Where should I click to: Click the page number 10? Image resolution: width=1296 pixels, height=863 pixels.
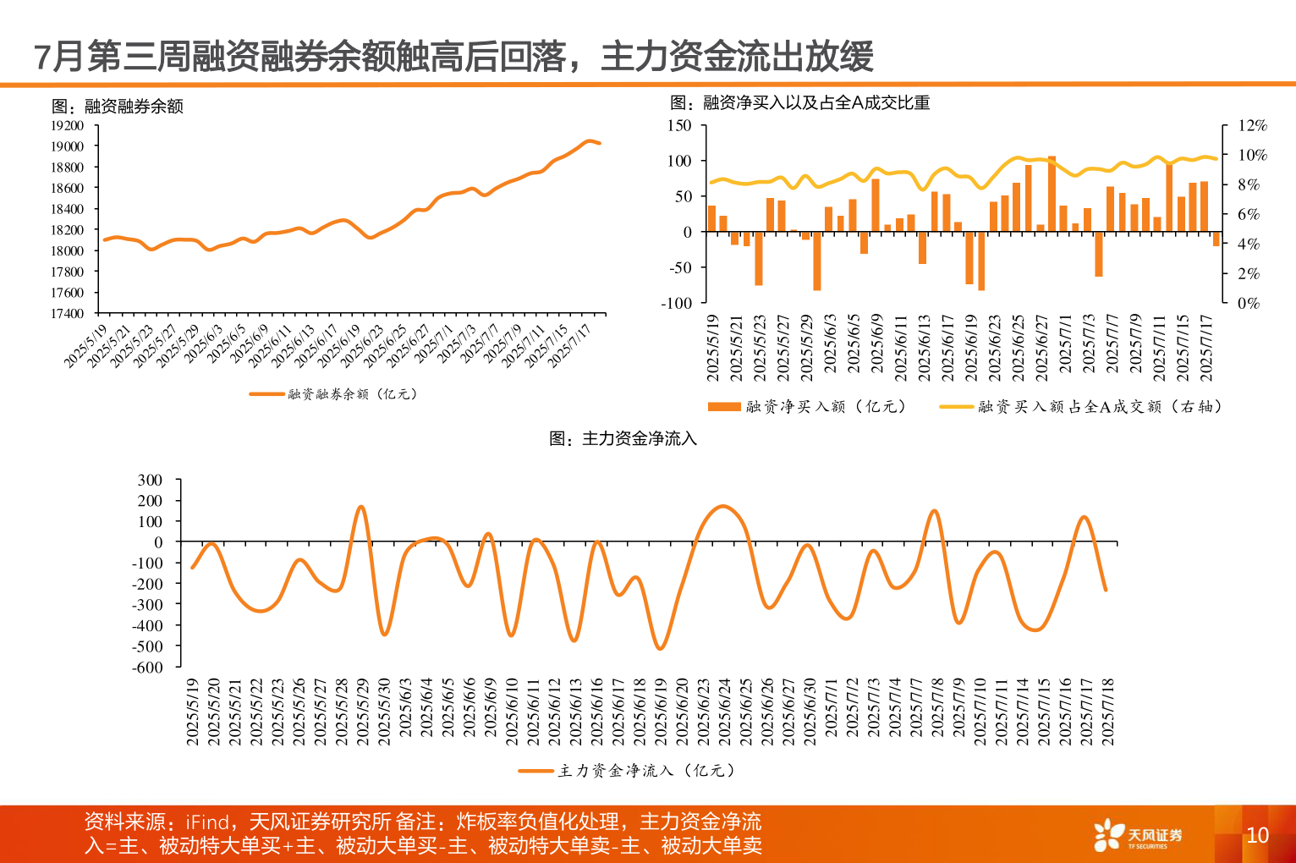coord(1257,835)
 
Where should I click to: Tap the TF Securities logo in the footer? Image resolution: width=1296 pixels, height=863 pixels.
coord(1138,835)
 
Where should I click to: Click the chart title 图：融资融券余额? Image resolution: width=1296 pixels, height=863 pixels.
coord(118,106)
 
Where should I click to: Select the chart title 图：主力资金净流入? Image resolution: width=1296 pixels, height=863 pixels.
coord(623,438)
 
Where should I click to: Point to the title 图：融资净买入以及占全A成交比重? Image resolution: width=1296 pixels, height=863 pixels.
coord(800,102)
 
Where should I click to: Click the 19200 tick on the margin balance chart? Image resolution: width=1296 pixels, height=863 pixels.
coord(68,125)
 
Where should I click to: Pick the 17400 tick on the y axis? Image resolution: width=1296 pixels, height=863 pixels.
coord(68,313)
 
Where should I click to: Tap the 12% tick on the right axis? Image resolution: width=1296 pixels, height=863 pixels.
coord(1252,125)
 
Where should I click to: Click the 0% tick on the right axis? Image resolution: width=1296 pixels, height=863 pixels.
coord(1248,303)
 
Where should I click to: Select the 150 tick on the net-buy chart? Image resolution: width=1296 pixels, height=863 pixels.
coord(679,125)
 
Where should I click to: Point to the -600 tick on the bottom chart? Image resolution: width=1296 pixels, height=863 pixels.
coord(147,667)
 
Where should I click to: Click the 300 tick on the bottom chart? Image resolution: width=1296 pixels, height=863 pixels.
coord(150,480)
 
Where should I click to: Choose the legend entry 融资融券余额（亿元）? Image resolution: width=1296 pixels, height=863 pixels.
coord(334,394)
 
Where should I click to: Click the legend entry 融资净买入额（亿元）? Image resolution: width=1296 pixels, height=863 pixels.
coord(808,407)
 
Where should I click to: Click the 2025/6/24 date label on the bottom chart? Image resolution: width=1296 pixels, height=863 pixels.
coord(725,711)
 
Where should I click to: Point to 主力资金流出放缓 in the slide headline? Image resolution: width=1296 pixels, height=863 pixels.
coord(737,57)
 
